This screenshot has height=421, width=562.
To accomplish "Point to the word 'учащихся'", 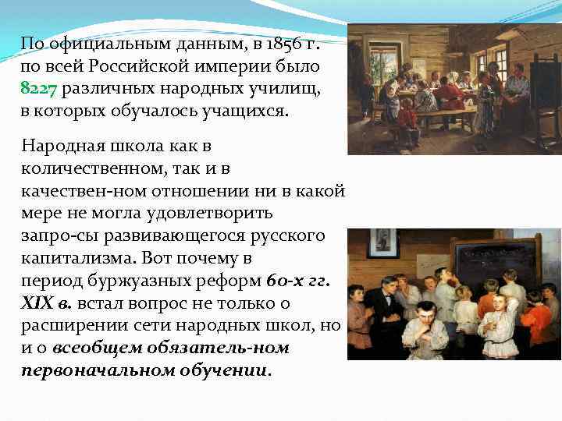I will tap(248, 111).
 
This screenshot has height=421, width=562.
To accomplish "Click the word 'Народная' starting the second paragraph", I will tap(59, 147).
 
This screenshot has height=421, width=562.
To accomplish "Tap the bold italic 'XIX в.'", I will tap(47, 303).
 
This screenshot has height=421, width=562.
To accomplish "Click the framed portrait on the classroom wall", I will tap(382, 245).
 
